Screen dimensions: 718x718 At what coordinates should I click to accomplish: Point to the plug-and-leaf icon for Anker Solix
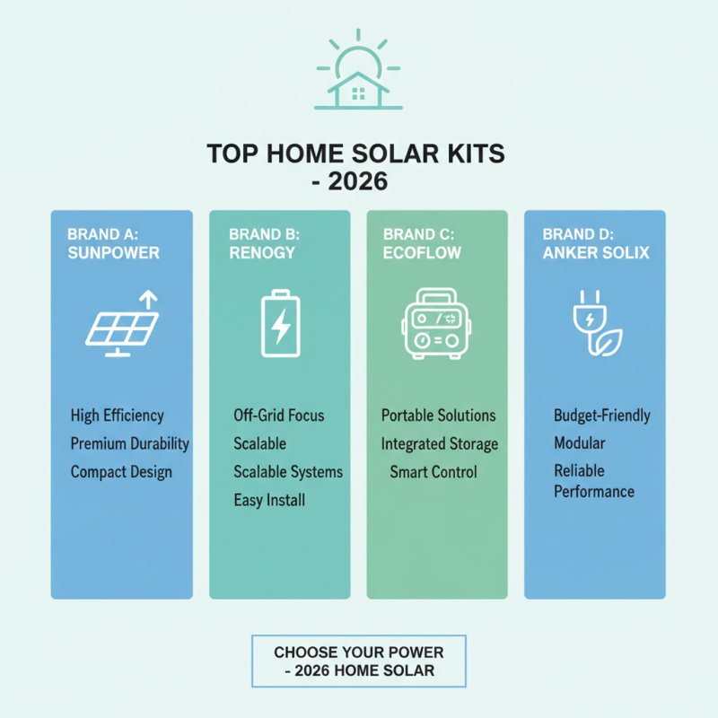tap(595, 325)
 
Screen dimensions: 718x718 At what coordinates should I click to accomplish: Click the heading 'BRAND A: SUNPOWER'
tap(113, 243)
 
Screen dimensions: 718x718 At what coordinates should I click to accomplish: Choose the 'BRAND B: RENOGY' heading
tap(263, 243)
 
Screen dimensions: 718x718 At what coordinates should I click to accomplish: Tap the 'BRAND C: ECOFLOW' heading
tap(422, 243)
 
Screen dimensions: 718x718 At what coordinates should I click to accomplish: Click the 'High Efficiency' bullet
tap(118, 416)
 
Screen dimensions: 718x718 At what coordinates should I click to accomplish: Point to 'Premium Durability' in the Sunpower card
tap(130, 443)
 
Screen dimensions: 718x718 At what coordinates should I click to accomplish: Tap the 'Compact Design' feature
tap(121, 472)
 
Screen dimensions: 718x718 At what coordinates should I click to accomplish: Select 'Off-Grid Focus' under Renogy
tap(279, 416)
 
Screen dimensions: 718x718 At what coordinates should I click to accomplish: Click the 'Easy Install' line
tap(269, 500)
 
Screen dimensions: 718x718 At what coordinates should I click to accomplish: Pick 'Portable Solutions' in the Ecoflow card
tap(438, 416)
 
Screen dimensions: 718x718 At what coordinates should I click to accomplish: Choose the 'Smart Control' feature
tap(433, 472)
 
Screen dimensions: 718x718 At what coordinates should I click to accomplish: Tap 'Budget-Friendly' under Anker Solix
tap(602, 416)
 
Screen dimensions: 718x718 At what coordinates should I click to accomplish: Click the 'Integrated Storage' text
tap(440, 443)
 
